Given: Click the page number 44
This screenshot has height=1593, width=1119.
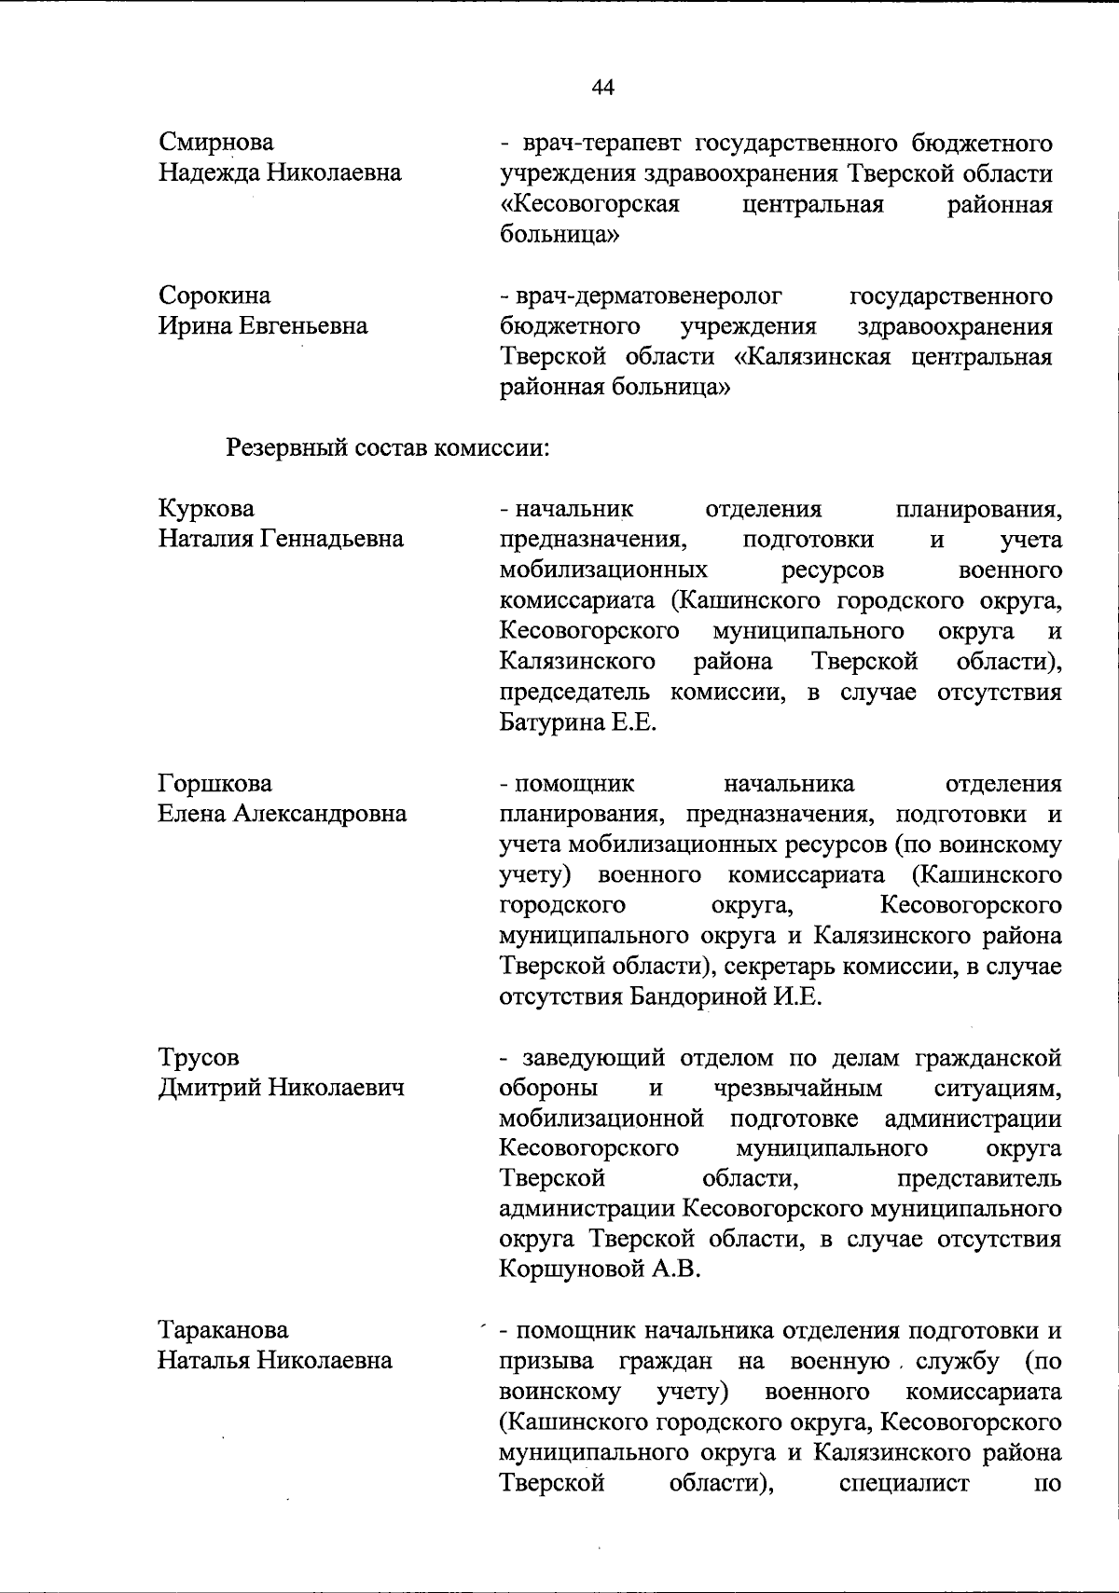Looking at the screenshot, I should point(602,88).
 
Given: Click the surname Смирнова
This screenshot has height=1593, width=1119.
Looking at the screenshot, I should point(216,143).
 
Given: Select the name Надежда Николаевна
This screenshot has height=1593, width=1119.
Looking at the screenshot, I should point(280,172).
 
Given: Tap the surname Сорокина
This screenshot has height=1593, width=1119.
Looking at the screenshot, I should point(214,295).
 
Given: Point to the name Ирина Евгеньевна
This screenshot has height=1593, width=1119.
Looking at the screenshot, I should point(263,325).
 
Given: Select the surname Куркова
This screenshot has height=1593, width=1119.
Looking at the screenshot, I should point(206,509).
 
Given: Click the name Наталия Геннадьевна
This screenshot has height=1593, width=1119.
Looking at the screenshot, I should point(281,539).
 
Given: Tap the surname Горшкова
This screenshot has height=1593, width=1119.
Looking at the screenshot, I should point(214,783).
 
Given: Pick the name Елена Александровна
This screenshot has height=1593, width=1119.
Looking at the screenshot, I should point(282,814).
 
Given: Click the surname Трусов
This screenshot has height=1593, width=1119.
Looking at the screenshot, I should point(199,1057).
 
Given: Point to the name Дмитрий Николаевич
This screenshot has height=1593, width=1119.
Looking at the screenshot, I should point(281,1087).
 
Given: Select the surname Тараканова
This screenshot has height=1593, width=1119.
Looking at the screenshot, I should point(223,1330).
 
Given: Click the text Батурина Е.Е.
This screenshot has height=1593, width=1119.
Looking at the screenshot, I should point(579,722).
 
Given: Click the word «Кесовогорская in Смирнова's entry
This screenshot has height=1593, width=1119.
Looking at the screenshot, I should point(589,204).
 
